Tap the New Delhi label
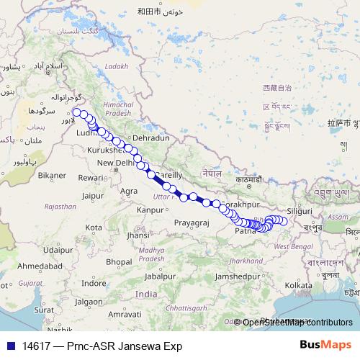116,163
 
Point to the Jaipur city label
94,195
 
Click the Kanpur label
150,210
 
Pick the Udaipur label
58,250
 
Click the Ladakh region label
116,66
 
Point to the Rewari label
91,177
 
